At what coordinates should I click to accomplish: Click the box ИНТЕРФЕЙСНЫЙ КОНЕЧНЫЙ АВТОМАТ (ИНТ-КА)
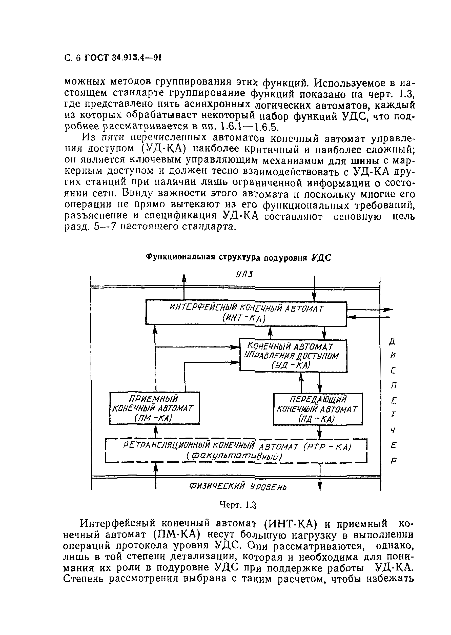[246, 313]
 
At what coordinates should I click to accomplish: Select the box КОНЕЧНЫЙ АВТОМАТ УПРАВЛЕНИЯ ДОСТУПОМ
[293, 356]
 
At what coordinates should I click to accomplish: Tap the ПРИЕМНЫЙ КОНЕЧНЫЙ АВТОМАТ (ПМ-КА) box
[154, 408]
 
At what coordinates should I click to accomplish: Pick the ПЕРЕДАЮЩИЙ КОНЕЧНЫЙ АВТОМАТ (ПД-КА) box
[318, 409]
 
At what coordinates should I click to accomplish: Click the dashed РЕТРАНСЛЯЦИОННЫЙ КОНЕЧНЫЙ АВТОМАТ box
[236, 451]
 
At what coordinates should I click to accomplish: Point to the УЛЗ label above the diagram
[244, 274]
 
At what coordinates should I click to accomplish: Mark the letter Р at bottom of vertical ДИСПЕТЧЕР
[394, 461]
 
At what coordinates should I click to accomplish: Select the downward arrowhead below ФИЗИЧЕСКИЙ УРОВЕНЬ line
[320, 486]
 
